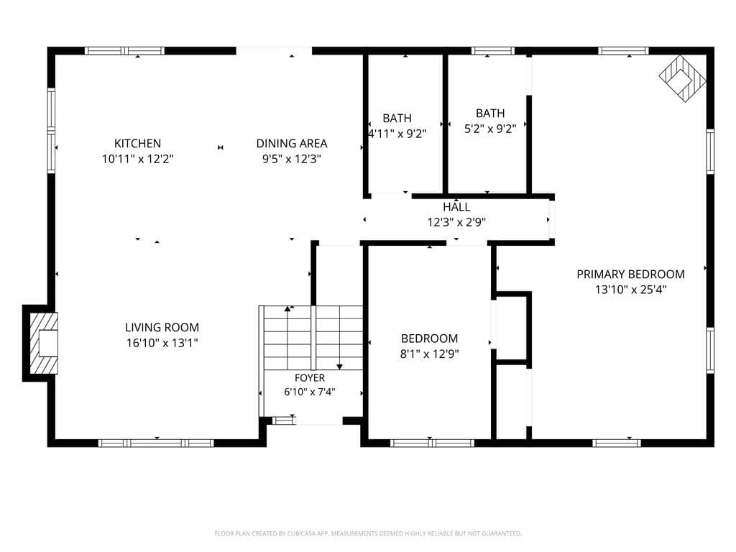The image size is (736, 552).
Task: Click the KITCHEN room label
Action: (137, 143)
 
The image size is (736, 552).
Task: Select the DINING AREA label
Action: (292, 143)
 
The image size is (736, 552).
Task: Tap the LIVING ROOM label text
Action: (162, 327)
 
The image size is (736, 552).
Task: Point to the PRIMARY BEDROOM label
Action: (630, 274)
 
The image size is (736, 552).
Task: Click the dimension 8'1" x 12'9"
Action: (430, 354)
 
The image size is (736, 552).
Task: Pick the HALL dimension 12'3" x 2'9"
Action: (456, 222)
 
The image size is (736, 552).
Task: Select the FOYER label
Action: (310, 378)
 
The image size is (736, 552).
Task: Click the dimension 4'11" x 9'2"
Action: (397, 134)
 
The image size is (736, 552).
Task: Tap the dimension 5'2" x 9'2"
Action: (490, 129)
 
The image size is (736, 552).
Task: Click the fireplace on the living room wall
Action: (44, 343)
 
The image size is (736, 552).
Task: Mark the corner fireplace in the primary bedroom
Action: (683, 78)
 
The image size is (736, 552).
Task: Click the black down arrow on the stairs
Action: (339, 367)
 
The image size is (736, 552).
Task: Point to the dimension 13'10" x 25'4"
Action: (630, 290)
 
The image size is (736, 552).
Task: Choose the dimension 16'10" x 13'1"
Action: (162, 343)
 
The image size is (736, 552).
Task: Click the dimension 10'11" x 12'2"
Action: (137, 159)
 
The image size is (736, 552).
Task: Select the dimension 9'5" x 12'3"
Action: (292, 159)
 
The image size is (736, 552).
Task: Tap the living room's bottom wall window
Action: (156, 443)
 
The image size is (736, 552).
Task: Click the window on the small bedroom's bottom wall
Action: (432, 443)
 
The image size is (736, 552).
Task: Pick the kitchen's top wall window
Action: (124, 51)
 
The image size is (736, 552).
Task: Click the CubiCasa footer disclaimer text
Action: (368, 533)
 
